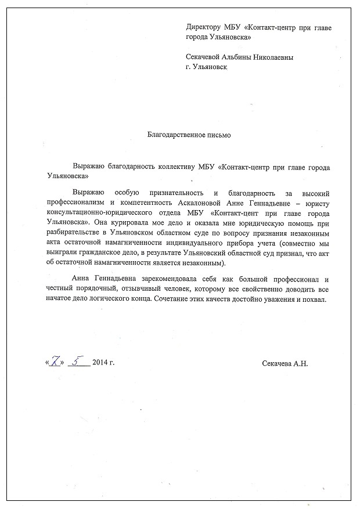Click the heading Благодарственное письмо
(x=190, y=135)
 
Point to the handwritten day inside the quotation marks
(x=56, y=362)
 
